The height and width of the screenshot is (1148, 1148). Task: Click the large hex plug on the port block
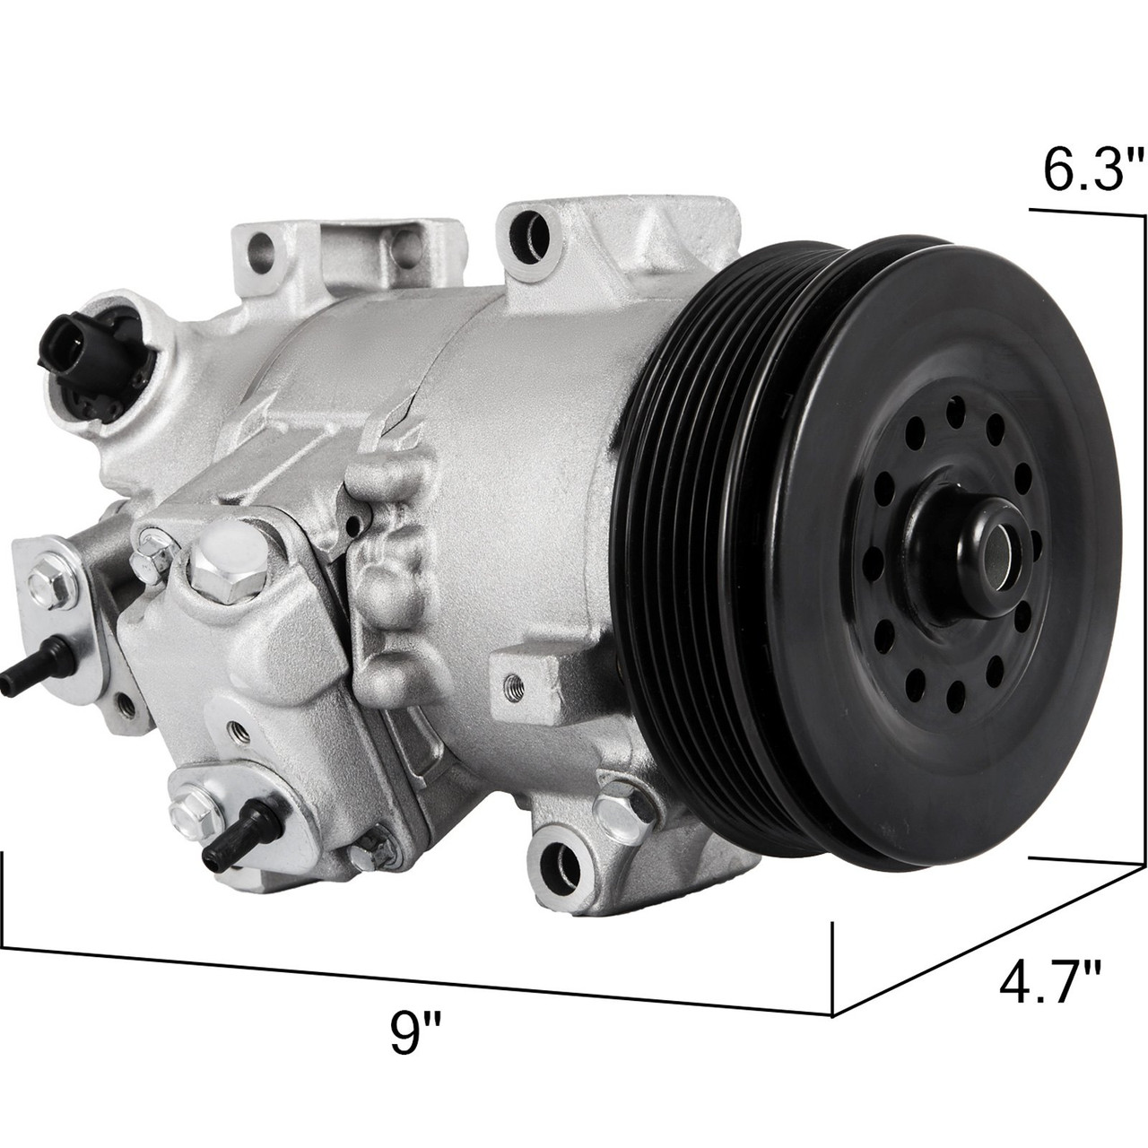(213, 565)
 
